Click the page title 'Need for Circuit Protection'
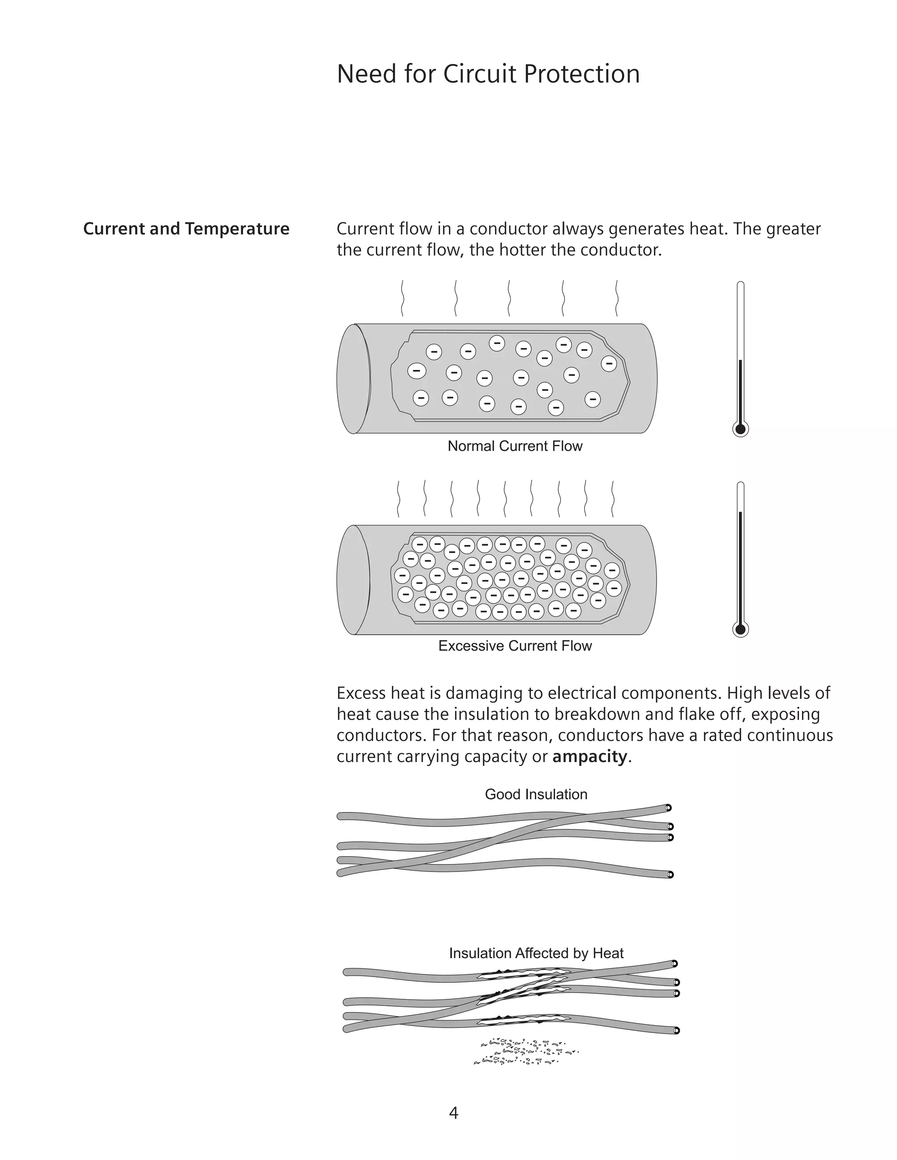pyautogui.click(x=488, y=74)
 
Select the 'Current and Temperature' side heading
pyautogui.click(x=186, y=229)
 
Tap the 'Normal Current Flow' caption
pyautogui.click(x=514, y=446)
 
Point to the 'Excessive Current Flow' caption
pyautogui.click(x=514, y=646)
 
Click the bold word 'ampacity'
pyautogui.click(x=590, y=756)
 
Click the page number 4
pyautogui.click(x=453, y=1113)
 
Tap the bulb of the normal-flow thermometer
pyautogui.click(x=740, y=429)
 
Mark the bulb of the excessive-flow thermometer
pyautogui.click(x=740, y=629)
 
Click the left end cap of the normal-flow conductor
pyautogui.click(x=353, y=379)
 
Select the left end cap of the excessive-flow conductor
pyautogui.click(x=353, y=580)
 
